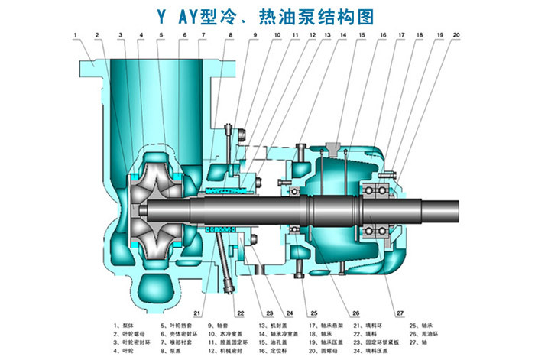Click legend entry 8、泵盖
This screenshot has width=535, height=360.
pos(173,352)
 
